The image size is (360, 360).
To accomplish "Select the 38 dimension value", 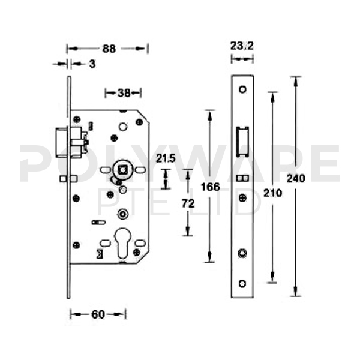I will point(124,92).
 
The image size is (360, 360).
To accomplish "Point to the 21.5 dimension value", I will point(166,159).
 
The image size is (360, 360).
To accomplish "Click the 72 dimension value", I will point(188,204).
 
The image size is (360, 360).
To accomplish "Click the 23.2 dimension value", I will point(242,45).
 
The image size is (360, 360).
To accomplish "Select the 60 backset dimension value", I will point(98,314).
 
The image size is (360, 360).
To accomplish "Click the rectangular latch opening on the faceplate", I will point(242,142).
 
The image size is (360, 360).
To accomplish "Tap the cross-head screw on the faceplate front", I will point(242,197).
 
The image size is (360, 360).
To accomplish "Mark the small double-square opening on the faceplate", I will point(242,179).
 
